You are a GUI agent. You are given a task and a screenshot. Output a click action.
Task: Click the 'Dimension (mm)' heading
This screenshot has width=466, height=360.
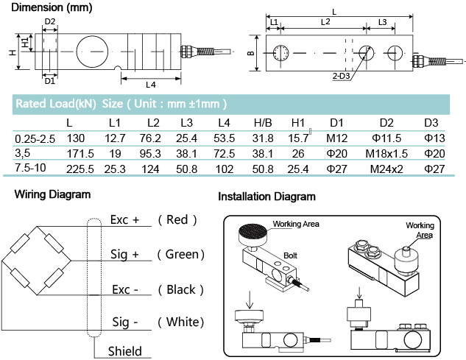point(40,9)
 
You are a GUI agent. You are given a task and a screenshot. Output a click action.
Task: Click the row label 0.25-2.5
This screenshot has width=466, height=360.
point(35,139)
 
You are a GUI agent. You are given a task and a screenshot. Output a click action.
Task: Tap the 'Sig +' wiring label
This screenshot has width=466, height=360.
point(126,255)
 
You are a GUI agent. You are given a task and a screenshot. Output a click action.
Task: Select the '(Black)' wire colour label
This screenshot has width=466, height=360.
point(176,289)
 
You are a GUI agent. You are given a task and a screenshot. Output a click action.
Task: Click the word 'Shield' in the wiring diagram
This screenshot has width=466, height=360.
point(124,351)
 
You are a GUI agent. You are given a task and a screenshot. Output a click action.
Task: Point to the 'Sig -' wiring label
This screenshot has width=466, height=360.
point(124,323)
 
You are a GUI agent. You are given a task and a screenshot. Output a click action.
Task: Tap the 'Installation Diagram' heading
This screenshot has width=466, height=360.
point(266,197)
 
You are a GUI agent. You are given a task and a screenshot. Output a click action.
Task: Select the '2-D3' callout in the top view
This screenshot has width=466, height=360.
point(340,77)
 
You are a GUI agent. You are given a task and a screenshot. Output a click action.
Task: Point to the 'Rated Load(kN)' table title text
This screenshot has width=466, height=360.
point(56,104)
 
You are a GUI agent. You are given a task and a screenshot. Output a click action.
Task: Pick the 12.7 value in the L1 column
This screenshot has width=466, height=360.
point(116,139)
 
